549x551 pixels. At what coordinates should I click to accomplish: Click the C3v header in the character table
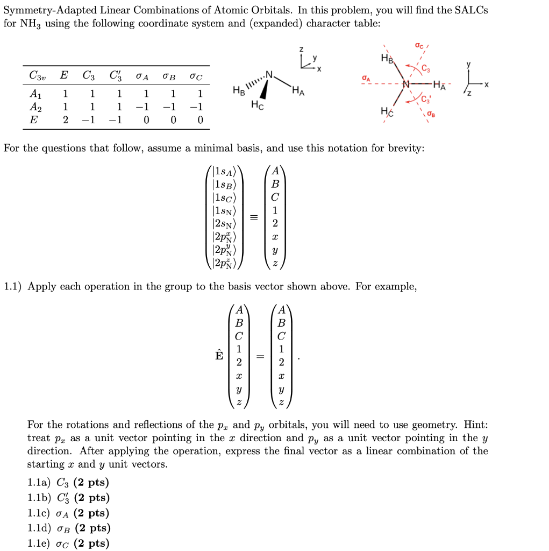tap(37, 75)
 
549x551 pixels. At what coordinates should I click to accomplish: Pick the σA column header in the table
tap(142, 75)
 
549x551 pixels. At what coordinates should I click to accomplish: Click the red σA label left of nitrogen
tap(366, 79)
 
